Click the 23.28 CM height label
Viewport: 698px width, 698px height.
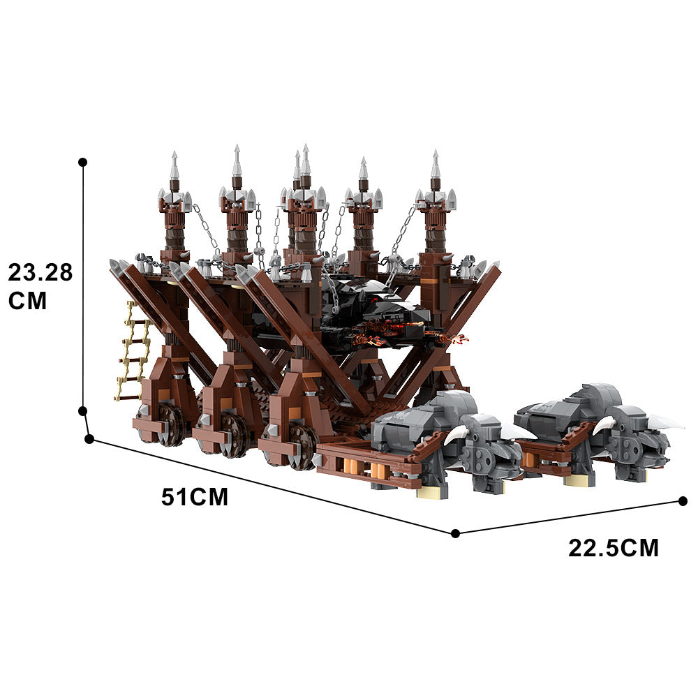40,285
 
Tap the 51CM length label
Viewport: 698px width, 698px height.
195,497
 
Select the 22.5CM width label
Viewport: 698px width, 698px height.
613,548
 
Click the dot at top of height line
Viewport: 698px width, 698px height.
83,162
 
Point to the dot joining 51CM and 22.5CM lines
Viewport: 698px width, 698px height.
455,533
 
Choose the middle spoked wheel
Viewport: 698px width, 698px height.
235,434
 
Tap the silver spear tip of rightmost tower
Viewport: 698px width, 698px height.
436,164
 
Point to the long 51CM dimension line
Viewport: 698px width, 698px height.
272,486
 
